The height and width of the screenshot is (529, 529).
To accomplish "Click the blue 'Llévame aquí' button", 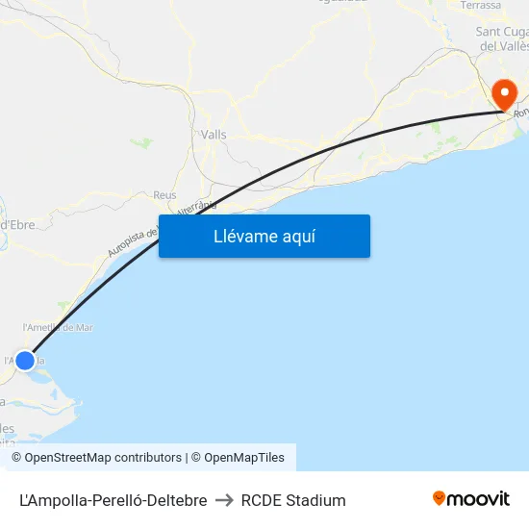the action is point(264,236).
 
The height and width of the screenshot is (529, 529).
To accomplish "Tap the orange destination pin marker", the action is point(503,94).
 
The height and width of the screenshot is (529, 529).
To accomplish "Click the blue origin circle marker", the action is point(25,361).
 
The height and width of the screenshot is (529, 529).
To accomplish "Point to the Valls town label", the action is point(214,135).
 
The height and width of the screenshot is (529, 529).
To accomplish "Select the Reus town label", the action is point(164,195).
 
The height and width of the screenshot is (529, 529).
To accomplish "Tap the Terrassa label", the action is point(481,6).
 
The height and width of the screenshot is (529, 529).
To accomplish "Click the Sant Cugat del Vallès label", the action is point(500,38).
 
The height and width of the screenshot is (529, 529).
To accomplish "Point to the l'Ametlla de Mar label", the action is point(58,327).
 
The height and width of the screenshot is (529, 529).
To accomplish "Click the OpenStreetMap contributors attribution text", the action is point(96,458).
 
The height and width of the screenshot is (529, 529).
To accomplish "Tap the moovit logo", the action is point(470,499).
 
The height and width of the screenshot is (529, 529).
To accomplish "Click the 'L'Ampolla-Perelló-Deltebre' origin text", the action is point(113,500).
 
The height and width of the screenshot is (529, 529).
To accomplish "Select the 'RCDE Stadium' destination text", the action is point(293,500).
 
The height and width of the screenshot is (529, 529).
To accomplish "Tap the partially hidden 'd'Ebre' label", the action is point(17,225).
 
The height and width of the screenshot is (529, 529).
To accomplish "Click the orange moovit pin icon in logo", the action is point(440,498).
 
